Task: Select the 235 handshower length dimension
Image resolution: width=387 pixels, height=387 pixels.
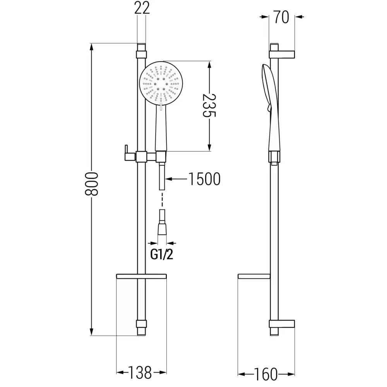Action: point(210,105)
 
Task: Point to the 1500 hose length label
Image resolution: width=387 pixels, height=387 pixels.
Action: point(204,178)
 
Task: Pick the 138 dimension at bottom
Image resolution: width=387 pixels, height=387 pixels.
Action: point(140,373)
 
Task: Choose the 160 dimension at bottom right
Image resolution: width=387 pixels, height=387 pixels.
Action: point(267,373)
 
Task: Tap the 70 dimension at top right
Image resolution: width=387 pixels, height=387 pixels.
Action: point(282,17)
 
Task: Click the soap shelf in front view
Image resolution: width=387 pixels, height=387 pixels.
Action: point(142,276)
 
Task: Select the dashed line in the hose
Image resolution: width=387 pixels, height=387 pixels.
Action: point(162,199)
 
